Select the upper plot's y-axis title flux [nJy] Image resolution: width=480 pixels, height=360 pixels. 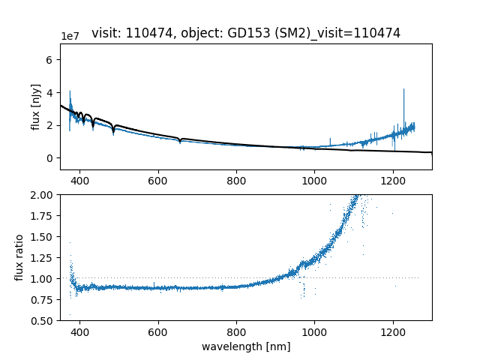pos(36,108)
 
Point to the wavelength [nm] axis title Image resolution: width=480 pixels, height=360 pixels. pos(246,346)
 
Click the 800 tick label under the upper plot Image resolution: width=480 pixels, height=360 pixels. pos(236,181)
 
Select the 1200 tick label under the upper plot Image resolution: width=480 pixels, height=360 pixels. pos(392,181)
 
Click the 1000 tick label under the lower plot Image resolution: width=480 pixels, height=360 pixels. pos(314,331)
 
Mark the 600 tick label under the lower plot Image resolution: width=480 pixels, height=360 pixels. pos(158,331)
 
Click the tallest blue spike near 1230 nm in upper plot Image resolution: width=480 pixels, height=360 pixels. pos(403,90)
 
